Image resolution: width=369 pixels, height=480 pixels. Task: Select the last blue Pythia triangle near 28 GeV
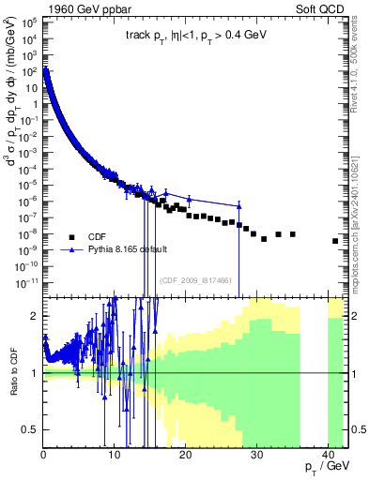click(x=239, y=206)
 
